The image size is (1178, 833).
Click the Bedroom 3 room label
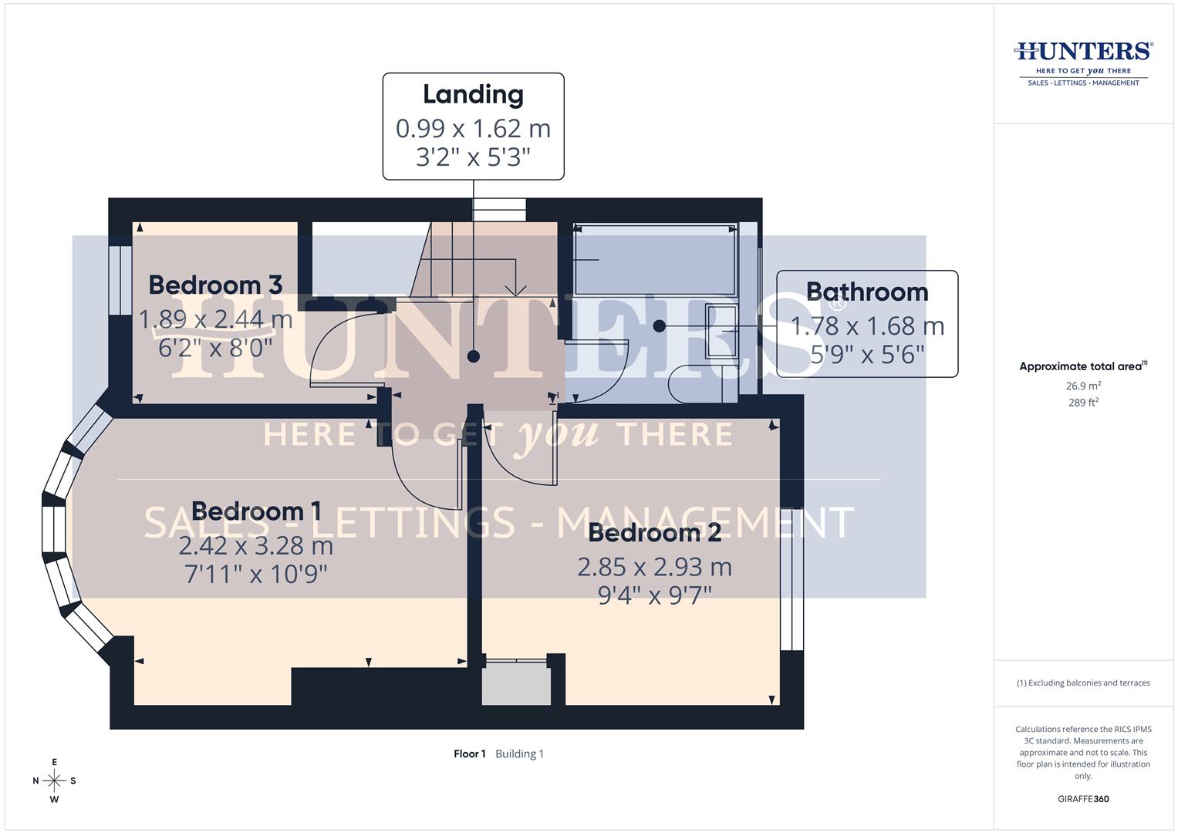coord(215,285)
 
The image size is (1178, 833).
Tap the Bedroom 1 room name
coord(256,511)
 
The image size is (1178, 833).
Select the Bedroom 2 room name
coord(654,532)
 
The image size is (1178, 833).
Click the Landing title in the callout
coord(473,94)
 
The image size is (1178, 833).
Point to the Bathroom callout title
coord(867,292)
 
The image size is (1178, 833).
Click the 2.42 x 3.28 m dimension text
coord(256,546)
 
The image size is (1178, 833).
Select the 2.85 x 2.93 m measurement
coord(654,567)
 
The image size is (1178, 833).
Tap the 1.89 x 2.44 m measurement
coord(215,319)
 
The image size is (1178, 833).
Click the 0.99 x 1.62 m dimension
coord(473,128)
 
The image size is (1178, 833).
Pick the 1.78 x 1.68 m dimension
coord(867,326)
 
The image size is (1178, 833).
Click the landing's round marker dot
coord(474,356)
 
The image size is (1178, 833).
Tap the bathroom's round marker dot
coord(659,326)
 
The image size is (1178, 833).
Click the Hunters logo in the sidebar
coord(1083,62)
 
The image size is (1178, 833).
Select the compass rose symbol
coord(54,781)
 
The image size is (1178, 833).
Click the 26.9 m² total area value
coord(1083,386)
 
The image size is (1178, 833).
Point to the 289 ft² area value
coord(1083,403)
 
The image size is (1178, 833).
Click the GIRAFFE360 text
coord(1083,799)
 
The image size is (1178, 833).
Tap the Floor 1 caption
coord(469,754)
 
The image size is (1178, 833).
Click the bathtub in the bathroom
coord(655,260)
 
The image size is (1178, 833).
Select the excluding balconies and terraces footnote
coord(1083,683)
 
